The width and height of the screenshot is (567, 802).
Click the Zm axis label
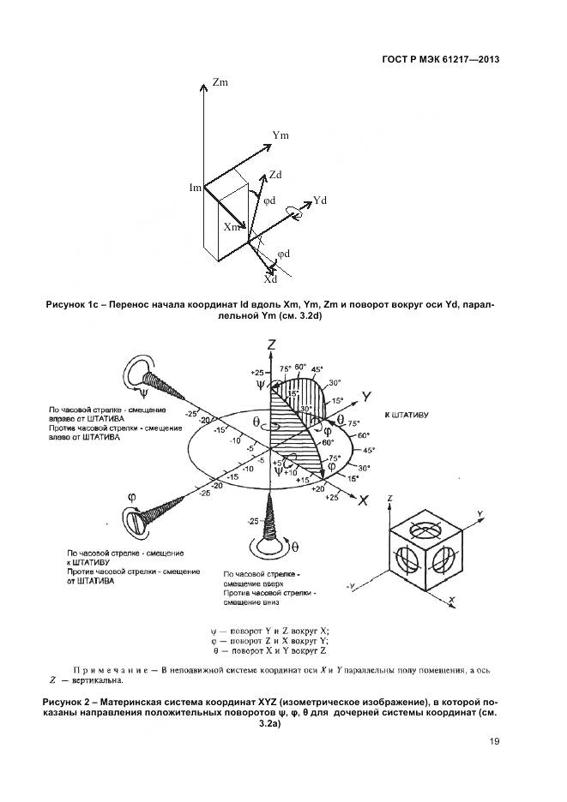coord(220,83)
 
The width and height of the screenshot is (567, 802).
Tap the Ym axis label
coord(280,135)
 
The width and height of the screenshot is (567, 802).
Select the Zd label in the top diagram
coord(275,174)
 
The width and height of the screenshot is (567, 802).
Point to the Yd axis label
coord(321,200)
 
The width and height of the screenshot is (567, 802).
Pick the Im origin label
coord(196,187)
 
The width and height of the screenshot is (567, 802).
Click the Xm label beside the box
coord(232,227)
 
